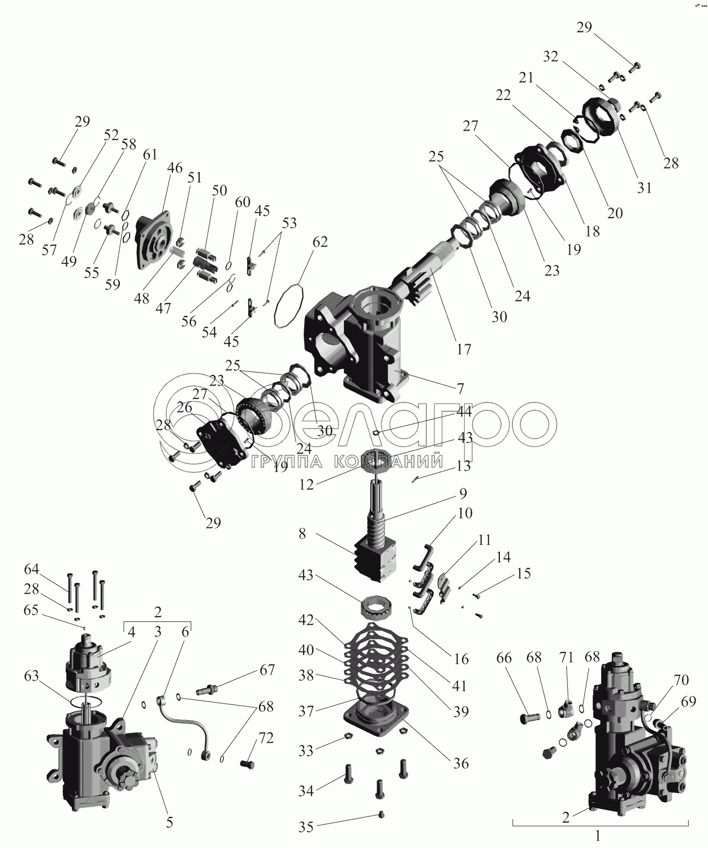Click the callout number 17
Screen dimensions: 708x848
point(463,350)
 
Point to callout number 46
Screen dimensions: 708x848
point(175,168)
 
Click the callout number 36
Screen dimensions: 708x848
point(461,763)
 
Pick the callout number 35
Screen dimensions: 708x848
point(306,827)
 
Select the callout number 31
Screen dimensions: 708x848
point(645,188)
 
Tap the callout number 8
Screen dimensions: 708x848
point(303,533)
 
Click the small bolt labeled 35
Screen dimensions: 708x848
point(381,815)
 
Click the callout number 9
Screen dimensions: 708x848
point(463,494)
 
